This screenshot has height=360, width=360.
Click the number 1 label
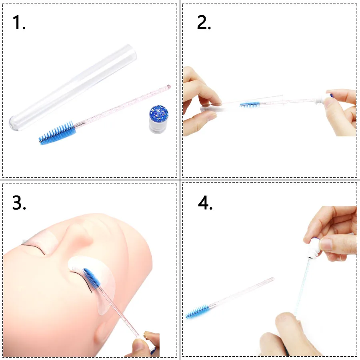coord(19,23)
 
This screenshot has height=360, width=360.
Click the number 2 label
coord(204,23)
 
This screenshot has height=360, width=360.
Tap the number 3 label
coord(19,203)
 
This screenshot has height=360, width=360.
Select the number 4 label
coord(205,203)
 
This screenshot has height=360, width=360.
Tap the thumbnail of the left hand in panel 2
coord(210,116)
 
